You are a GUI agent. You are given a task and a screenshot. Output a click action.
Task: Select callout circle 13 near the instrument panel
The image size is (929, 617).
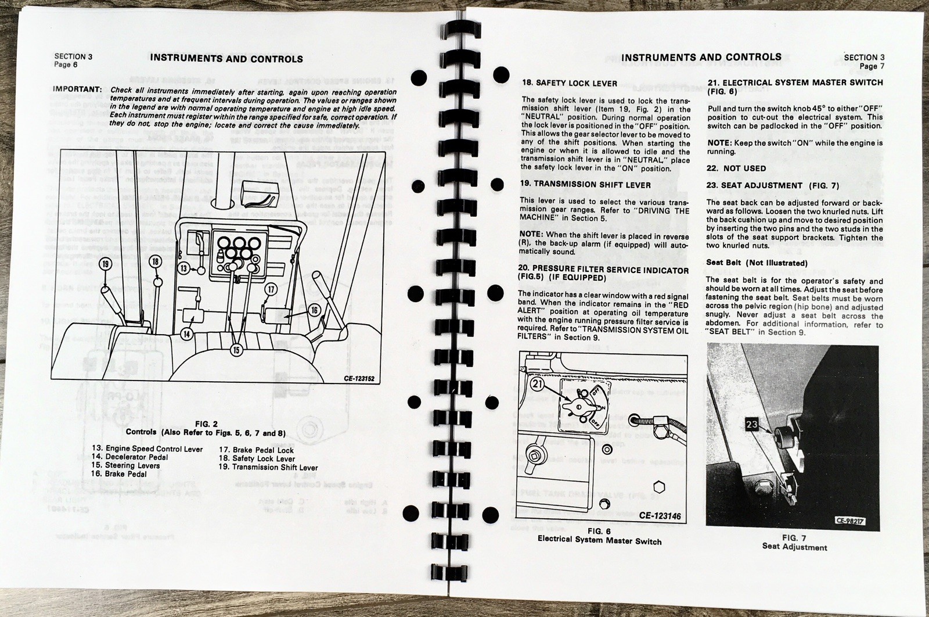tap(183, 268)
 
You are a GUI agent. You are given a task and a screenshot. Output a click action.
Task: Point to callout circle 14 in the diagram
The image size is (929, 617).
tap(186, 334)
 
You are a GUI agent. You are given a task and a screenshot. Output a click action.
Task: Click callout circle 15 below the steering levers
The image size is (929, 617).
tap(236, 350)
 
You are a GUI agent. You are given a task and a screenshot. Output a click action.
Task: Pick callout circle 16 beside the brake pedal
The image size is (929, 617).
tap(314, 310)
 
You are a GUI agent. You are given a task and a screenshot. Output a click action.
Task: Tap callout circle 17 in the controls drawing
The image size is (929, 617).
tap(271, 288)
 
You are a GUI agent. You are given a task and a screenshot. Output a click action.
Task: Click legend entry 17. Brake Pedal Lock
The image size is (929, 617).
tap(256, 450)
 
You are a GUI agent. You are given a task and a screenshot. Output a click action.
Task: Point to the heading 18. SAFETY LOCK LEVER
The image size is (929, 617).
tap(569, 83)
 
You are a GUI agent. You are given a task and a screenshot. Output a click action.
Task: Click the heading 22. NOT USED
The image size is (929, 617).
tap(736, 168)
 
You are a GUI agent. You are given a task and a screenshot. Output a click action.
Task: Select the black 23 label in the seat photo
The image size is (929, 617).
tap(751, 425)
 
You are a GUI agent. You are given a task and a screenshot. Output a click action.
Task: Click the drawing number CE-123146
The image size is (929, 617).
tap(660, 515)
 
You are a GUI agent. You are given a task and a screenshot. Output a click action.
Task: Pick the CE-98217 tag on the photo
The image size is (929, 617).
tap(851, 521)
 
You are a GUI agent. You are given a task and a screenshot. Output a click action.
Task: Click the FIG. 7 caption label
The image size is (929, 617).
tap(794, 538)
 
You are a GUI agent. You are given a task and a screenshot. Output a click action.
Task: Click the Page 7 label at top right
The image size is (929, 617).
tap(872, 66)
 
